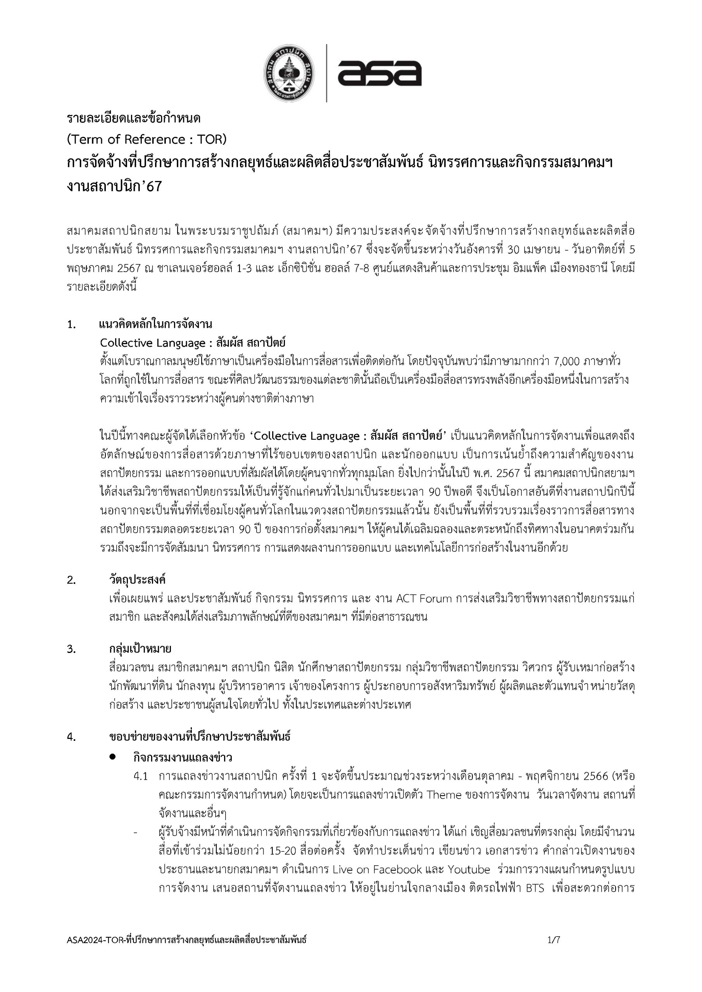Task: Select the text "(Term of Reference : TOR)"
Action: tap(147, 139)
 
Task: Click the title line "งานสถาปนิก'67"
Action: tap(114, 186)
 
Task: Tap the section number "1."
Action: tap(72, 324)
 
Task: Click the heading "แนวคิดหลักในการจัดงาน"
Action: tap(155, 324)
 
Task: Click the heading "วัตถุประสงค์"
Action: tap(137, 580)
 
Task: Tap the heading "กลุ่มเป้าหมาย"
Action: tap(140, 649)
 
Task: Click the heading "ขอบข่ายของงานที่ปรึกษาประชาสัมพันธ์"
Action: tap(200, 736)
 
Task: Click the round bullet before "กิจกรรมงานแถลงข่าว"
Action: tap(113, 756)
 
